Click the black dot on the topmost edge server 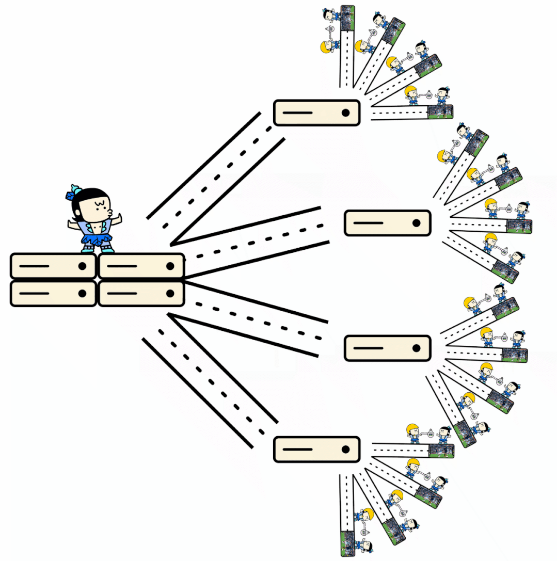(x=345, y=113)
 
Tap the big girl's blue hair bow (x=72, y=194)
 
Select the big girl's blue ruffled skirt (x=97, y=239)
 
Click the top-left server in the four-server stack (x=53, y=266)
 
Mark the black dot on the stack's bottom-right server (x=170, y=293)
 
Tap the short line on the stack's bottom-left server (x=34, y=293)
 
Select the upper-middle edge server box (x=387, y=223)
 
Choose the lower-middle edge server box (x=387, y=348)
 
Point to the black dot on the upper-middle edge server (x=416, y=223)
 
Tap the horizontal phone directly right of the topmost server (x=440, y=111)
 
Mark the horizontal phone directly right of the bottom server (x=441, y=451)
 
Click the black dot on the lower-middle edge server (x=416, y=348)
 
